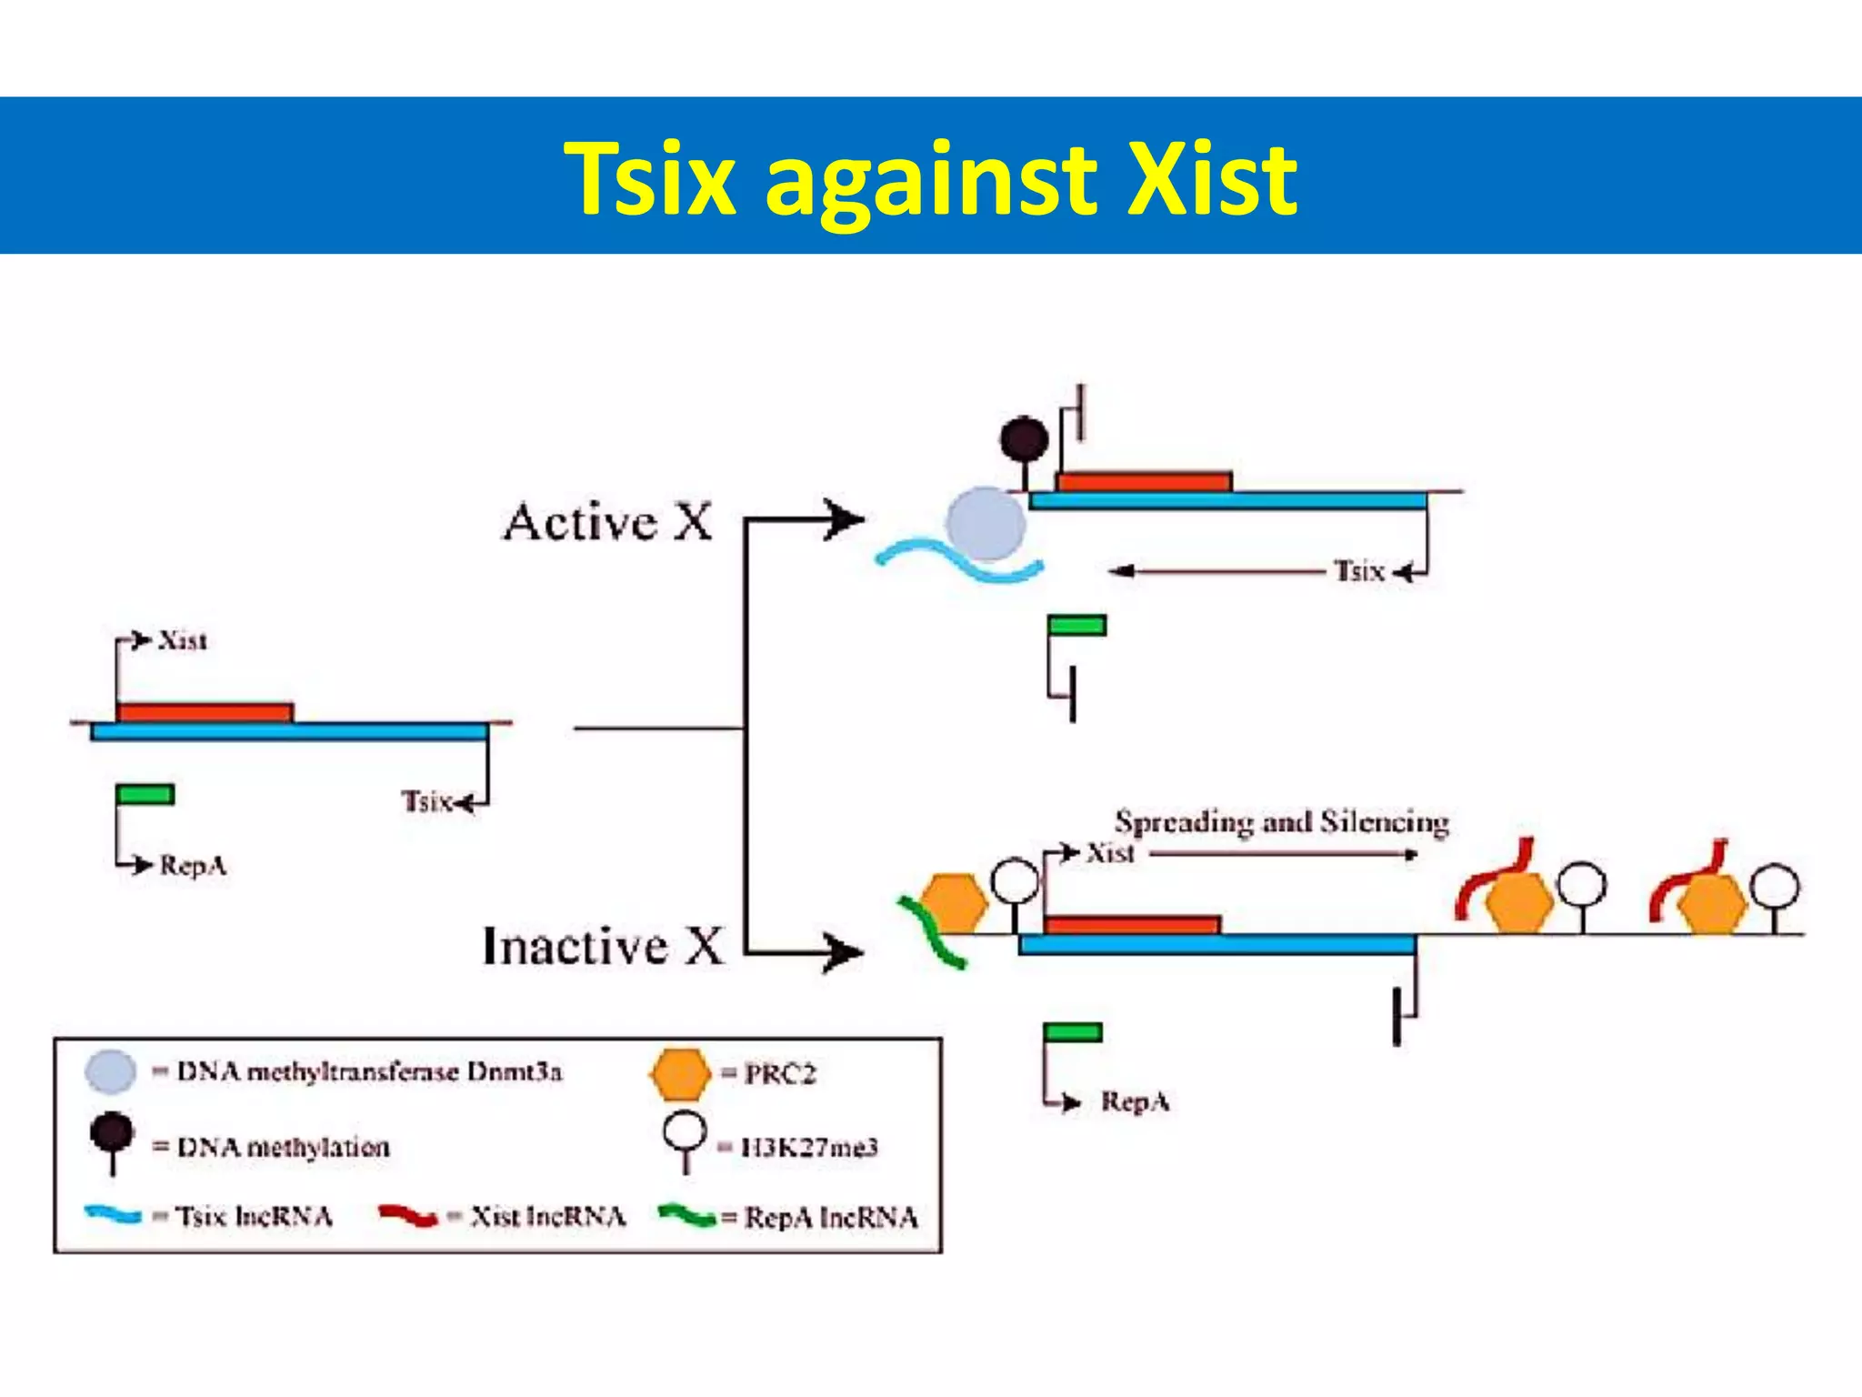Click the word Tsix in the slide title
coord(649,178)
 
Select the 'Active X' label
coord(607,523)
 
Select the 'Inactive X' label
coord(603,946)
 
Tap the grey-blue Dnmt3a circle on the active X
coord(986,524)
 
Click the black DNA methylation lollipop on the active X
coord(1025,439)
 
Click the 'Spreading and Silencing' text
coord(1281,822)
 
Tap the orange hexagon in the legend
coord(679,1074)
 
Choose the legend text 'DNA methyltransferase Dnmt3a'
coord(369,1072)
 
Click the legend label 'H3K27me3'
coord(809,1148)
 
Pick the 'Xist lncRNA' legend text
coord(548,1217)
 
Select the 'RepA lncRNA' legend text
coord(831,1218)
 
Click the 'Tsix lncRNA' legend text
coord(254,1217)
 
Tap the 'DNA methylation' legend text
coord(283,1148)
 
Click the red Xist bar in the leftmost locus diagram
coord(205,712)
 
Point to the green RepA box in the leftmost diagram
coord(145,794)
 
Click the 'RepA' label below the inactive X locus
coord(1136,1102)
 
